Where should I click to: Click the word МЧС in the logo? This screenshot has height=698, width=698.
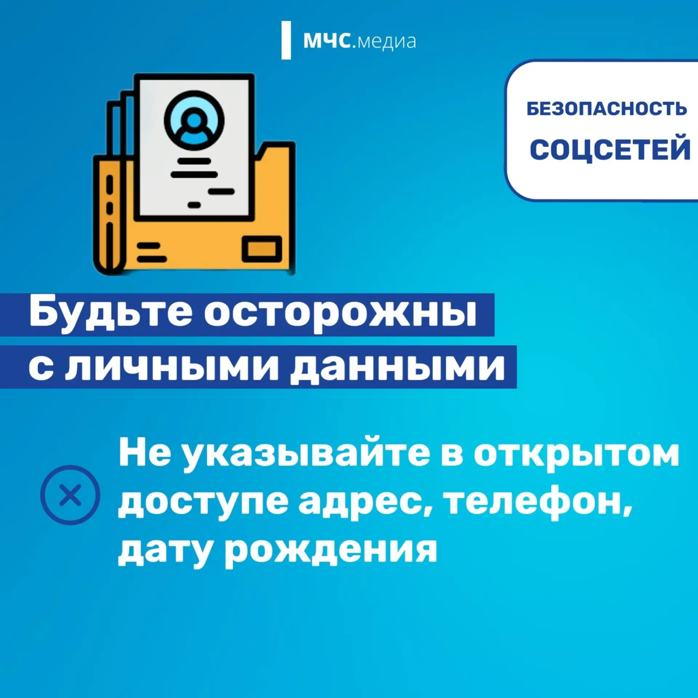pos(327,40)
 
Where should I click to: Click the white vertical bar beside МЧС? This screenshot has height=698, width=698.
pos(286,40)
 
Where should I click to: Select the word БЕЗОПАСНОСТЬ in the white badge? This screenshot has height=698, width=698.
pos(607,109)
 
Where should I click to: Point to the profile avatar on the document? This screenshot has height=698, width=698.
pos(194,121)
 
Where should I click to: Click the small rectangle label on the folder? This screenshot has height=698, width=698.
pos(262,249)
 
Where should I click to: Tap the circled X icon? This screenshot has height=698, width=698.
pos(70,495)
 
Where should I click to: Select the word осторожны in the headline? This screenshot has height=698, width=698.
pos(340,314)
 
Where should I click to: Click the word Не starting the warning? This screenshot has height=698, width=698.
pos(145,453)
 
